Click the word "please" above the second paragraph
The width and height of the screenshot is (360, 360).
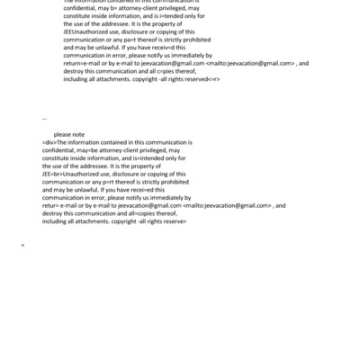(62, 134)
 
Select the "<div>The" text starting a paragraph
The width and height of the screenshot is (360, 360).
(54, 142)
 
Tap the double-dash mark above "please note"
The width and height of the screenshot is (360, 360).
(44, 119)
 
